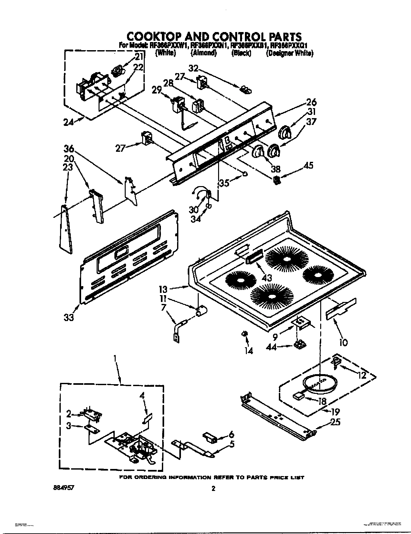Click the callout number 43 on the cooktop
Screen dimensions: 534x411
[x=267, y=277]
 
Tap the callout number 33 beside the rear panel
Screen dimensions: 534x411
[x=68, y=317]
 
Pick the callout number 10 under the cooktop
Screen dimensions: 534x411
[x=343, y=342]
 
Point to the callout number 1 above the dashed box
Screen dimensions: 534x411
[x=115, y=358]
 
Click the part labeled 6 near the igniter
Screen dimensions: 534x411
[x=210, y=438]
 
